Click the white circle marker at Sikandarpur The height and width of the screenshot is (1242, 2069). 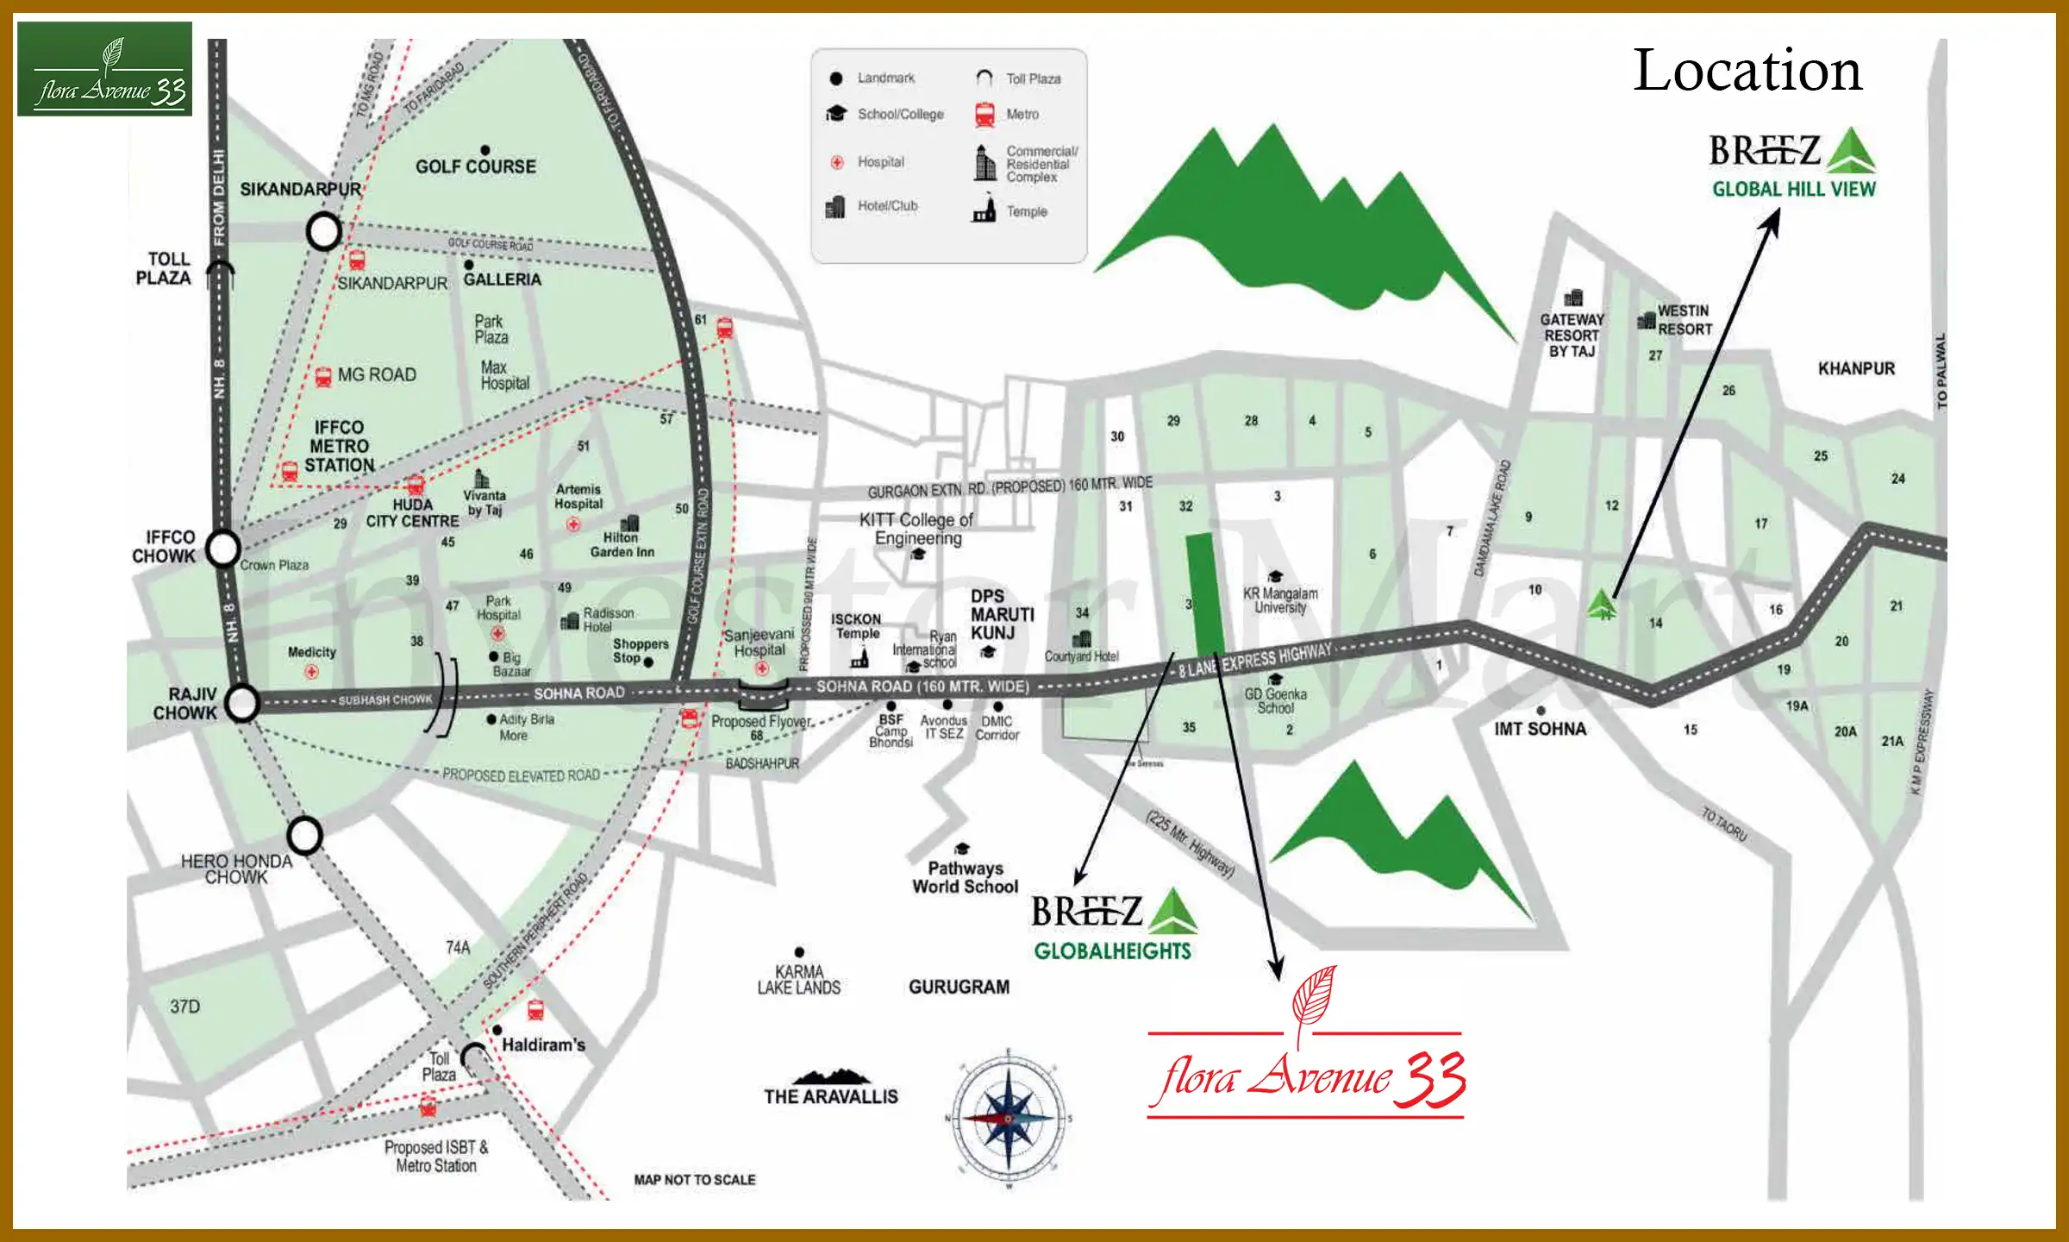(x=324, y=231)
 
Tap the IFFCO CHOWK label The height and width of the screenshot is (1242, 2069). (x=164, y=547)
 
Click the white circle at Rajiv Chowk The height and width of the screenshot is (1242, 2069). (x=242, y=703)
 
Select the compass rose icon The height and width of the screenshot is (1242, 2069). (x=1008, y=1119)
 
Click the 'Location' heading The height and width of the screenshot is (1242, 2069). (x=1747, y=71)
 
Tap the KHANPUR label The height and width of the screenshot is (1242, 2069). (x=1856, y=369)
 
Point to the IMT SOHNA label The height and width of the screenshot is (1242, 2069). (x=1540, y=729)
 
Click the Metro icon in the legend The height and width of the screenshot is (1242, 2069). (x=984, y=114)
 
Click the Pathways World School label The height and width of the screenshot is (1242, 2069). (x=965, y=877)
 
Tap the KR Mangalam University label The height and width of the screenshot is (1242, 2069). (x=1279, y=600)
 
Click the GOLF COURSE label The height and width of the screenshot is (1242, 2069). (x=476, y=166)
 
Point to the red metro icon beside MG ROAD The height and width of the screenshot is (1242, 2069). (x=323, y=376)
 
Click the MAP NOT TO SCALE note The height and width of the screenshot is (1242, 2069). (x=694, y=1180)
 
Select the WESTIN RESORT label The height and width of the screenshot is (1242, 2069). (x=1684, y=320)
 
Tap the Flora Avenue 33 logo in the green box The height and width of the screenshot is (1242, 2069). (x=104, y=70)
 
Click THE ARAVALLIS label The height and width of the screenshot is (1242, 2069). (x=830, y=1096)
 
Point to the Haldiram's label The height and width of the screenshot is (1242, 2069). (x=543, y=1044)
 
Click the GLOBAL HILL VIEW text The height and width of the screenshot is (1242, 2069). (x=1793, y=189)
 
